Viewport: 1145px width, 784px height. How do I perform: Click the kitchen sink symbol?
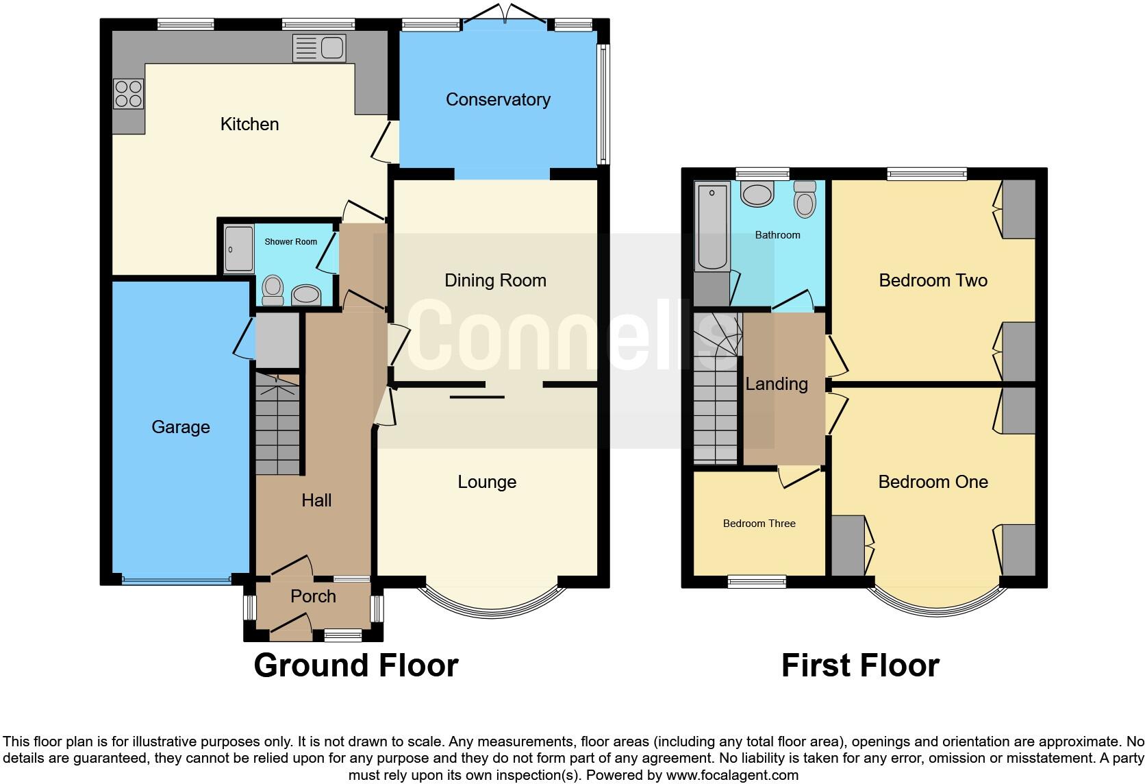(319, 48)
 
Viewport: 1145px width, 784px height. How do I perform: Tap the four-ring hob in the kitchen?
(129, 94)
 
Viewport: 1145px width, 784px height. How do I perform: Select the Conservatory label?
(498, 99)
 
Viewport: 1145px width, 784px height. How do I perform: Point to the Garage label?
(181, 427)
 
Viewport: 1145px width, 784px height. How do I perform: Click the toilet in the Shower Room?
(273, 289)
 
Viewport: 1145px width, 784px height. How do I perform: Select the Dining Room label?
(495, 280)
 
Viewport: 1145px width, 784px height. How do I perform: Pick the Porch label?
(313, 596)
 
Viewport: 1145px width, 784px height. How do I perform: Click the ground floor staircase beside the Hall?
(278, 425)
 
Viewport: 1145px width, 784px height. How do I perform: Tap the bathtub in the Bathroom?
(712, 225)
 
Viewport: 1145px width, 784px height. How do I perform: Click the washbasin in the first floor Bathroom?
(757, 193)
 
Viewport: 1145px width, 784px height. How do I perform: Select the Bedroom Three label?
(759, 524)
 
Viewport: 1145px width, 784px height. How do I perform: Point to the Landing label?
(776, 384)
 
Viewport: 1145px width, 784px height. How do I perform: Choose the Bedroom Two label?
(933, 280)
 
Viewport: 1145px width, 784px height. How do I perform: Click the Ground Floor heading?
(355, 665)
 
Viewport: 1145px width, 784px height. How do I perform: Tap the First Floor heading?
(859, 665)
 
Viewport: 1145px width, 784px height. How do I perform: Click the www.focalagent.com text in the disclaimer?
(731, 776)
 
